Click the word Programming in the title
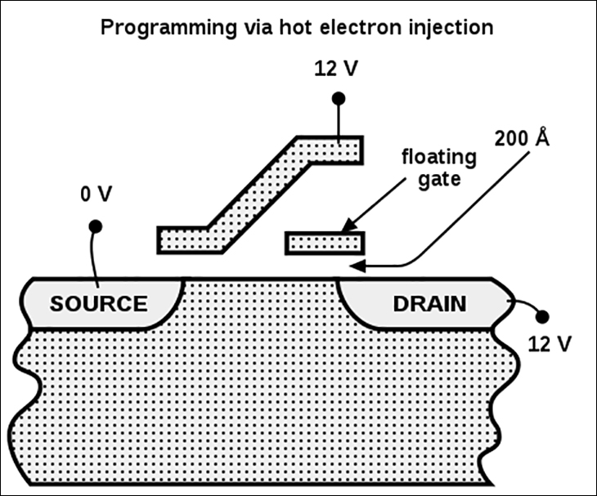168,29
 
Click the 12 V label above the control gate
336,69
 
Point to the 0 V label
97,194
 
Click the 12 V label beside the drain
550,344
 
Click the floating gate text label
439,168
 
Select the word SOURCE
99,303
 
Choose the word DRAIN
429,303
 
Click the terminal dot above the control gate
339,99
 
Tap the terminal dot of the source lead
95,226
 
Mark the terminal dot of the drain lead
542,316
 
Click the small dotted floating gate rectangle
325,243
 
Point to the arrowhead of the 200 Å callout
358,266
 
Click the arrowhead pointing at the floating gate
349,225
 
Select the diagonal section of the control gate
259,194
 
